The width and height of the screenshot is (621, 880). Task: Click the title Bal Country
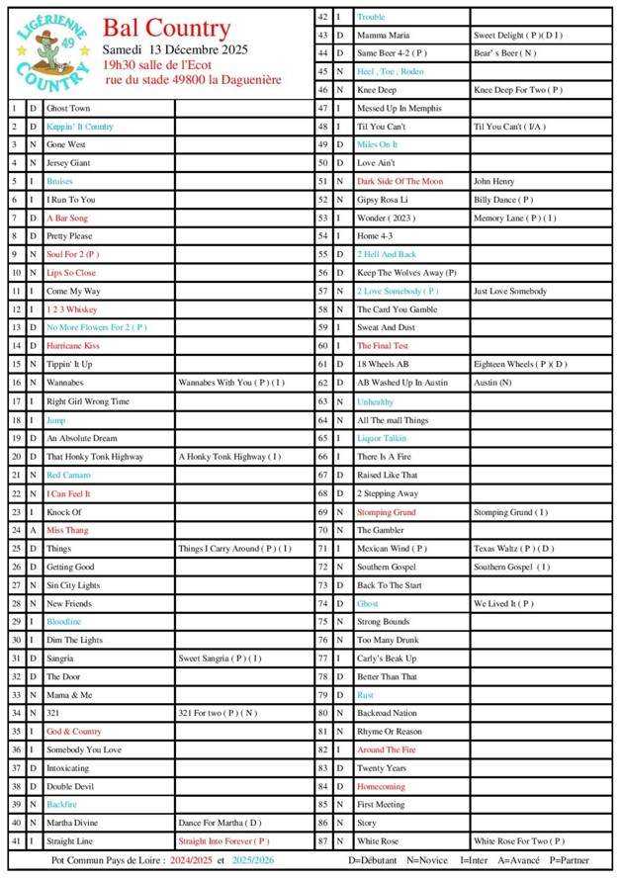166,29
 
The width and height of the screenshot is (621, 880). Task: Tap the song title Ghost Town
68,108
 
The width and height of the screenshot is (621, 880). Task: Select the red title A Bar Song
67,218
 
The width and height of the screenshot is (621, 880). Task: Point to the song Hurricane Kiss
72,346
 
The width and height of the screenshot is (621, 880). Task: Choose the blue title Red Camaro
68,475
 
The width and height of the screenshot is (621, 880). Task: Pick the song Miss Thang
67,530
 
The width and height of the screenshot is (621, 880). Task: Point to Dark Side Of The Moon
399,181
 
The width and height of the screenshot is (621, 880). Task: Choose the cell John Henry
493,181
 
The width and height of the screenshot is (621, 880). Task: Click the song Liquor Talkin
382,438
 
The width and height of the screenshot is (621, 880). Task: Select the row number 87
322,840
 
